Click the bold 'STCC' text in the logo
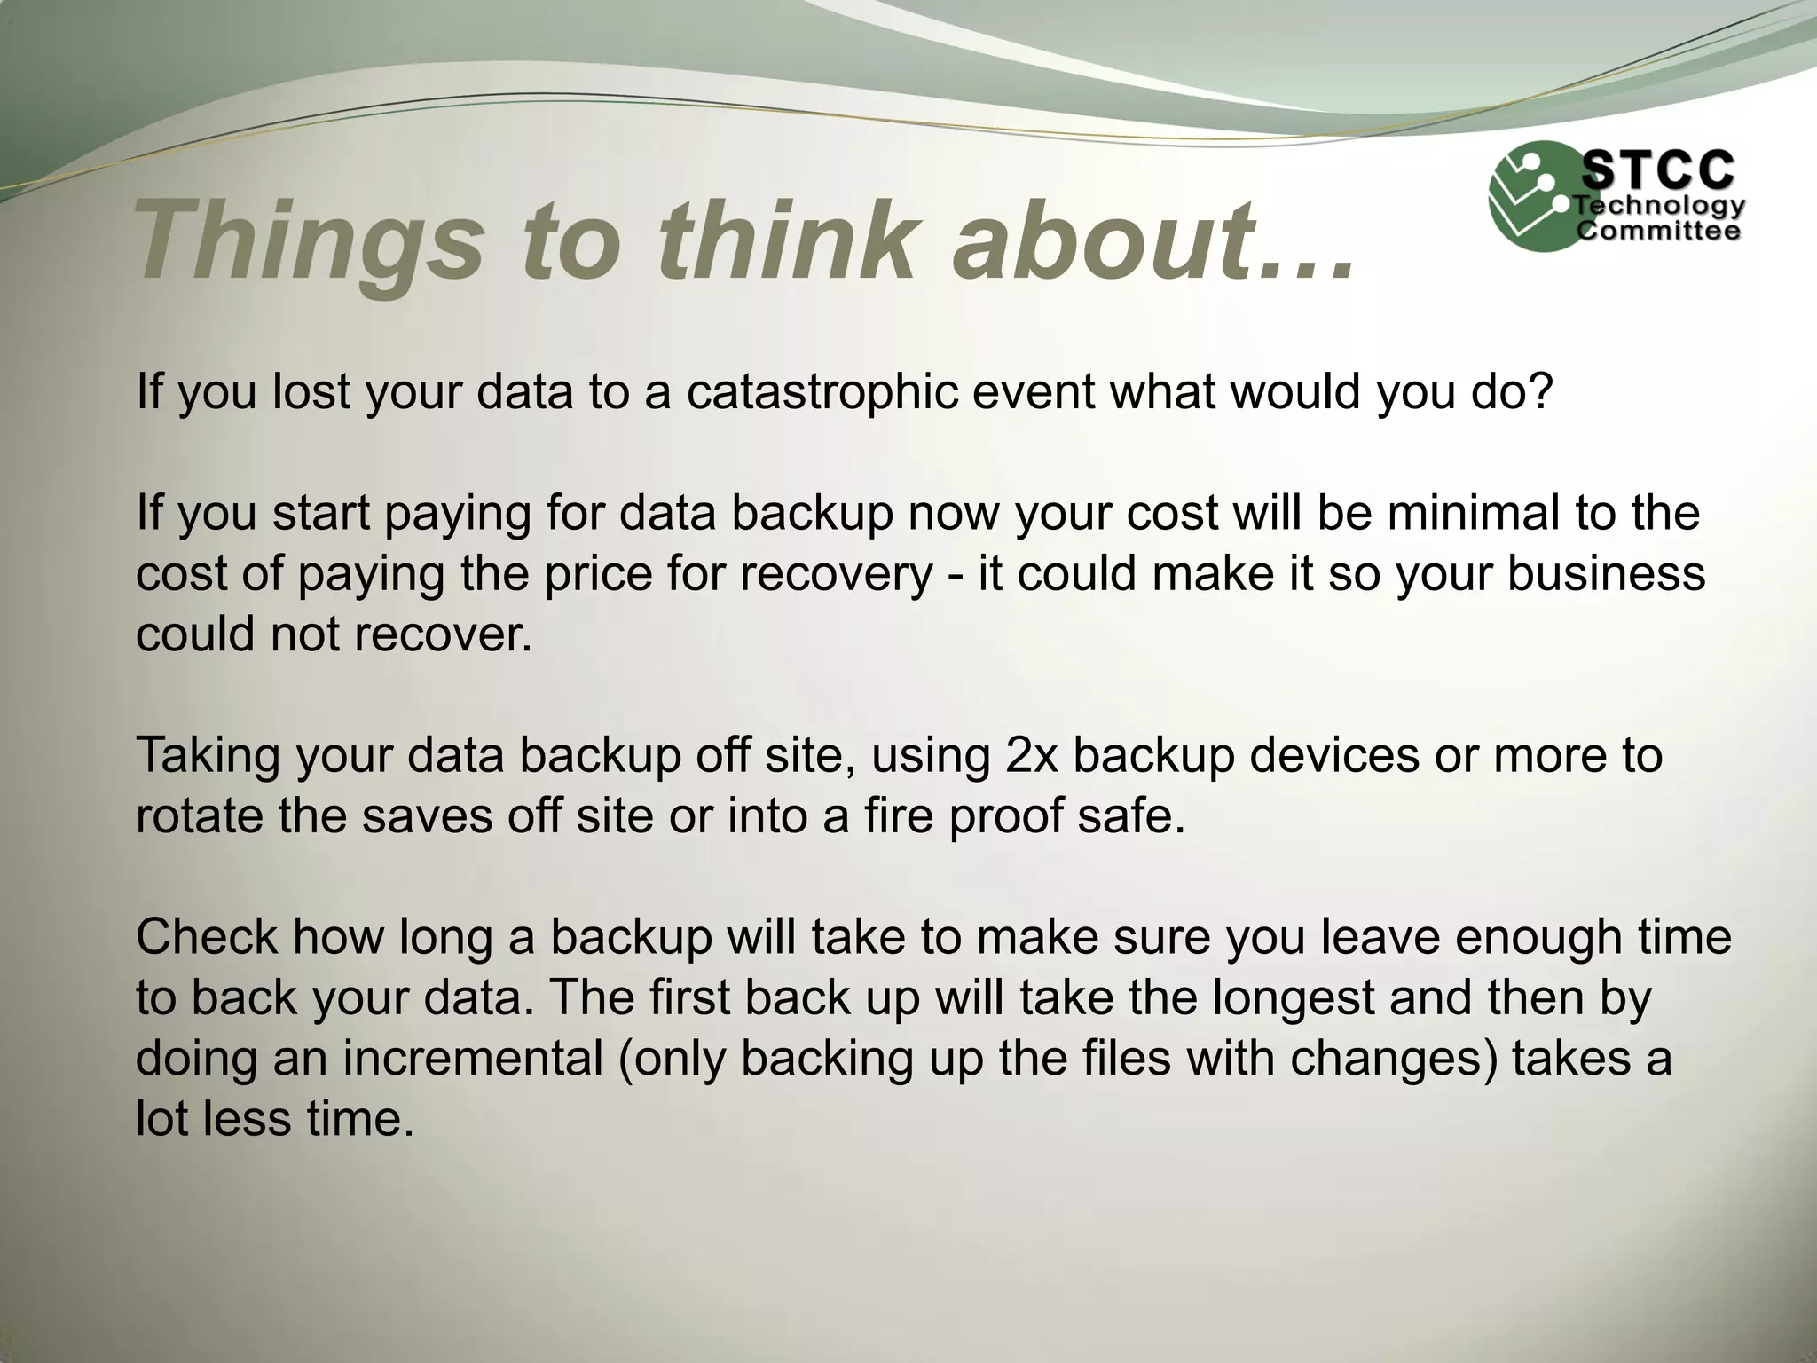1658,169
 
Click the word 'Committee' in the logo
1658,232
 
